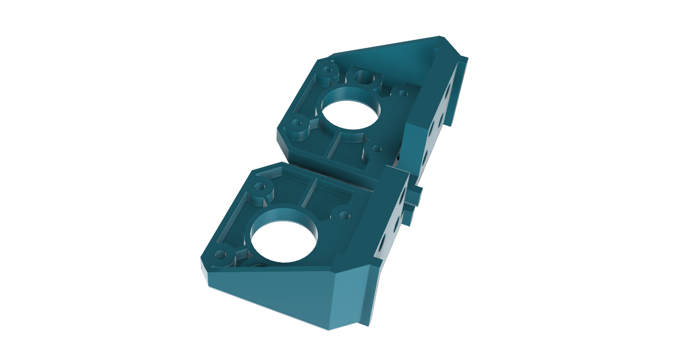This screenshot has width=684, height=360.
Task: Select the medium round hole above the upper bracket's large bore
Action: (364, 76)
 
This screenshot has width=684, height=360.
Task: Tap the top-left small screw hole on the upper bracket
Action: (327, 70)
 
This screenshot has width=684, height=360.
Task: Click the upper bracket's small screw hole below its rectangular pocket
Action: (377, 149)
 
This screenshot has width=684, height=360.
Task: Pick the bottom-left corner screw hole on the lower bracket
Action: (221, 255)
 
